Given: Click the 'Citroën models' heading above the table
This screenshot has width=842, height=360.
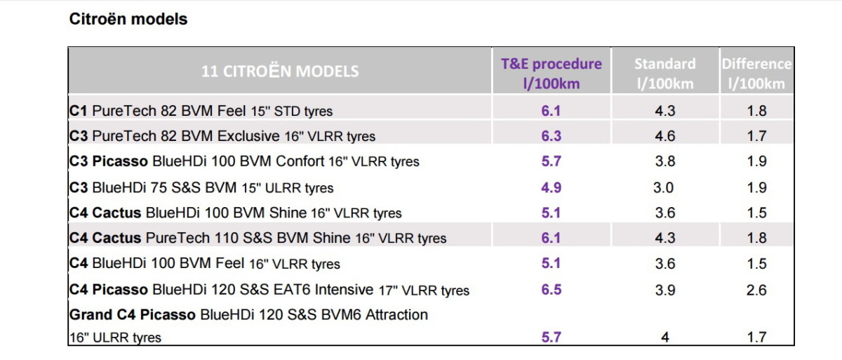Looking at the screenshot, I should (128, 19).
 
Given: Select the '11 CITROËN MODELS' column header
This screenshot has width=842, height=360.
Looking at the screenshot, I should (280, 71).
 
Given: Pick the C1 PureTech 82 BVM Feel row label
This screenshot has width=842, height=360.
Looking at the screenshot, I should (201, 110).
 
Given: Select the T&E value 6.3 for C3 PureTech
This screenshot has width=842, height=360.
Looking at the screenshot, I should (551, 135).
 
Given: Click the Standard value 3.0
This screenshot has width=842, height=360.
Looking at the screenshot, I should (664, 187).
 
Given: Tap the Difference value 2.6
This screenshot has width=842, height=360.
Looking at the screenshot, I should (756, 290).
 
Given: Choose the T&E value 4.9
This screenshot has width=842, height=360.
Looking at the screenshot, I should (551, 187).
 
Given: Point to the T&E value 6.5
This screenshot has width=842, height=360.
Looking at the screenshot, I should (551, 290).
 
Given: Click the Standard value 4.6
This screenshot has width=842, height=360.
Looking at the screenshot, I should (664, 135).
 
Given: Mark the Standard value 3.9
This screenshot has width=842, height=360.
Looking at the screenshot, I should (664, 290).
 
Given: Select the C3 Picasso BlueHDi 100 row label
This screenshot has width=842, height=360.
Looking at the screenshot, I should (244, 161).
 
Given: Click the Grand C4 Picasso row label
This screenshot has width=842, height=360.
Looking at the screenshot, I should (248, 314).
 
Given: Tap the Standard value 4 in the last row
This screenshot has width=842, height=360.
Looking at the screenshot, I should (664, 338).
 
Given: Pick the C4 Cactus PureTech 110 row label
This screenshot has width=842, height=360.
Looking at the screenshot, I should (258, 238).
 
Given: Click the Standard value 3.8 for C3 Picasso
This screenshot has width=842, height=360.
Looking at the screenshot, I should (664, 161).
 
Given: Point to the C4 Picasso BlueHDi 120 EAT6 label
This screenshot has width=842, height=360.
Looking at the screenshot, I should (269, 290).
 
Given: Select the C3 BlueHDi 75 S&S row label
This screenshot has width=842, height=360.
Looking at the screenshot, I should (201, 187).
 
